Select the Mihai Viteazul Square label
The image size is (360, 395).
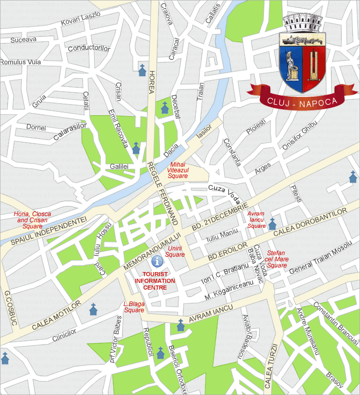pyautogui.click(x=178, y=170)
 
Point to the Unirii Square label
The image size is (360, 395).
pyautogui.click(x=175, y=252)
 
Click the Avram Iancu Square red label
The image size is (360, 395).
pyautogui.click(x=256, y=220)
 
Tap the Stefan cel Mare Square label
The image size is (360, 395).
pyautogui.click(x=277, y=259)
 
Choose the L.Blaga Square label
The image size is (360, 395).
pyautogui.click(x=134, y=307)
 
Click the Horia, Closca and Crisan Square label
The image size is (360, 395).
pyautogui.click(x=29, y=220)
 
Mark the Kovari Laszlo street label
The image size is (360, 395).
pyautogui.click(x=80, y=19)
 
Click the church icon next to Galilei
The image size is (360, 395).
pyautogui.click(x=136, y=149)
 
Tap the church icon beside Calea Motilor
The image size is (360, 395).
pyautogui.click(x=93, y=309)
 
